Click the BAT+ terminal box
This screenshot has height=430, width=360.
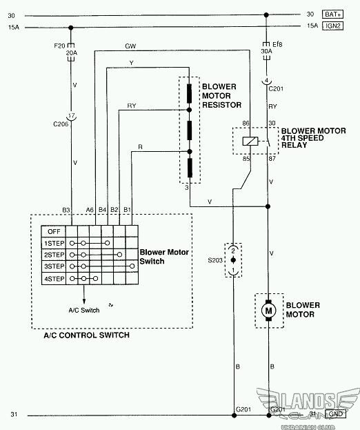pyautogui.click(x=332, y=14)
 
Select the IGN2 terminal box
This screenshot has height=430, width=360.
pyautogui.click(x=332, y=26)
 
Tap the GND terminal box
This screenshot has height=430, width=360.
pyautogui.click(x=335, y=414)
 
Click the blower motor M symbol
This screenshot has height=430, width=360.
pyautogui.click(x=268, y=311)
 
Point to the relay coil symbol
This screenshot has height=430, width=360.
pyautogui.click(x=250, y=141)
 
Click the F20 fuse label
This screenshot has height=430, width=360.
pyautogui.click(x=59, y=46)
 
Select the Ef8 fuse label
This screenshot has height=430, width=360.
pyautogui.click(x=277, y=44)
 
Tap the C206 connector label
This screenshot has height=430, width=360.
pyautogui.click(x=61, y=124)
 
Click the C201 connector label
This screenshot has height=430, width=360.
pyautogui.click(x=276, y=88)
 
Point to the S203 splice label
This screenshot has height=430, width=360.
pyautogui.click(x=215, y=260)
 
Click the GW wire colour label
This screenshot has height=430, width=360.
pyautogui.click(x=130, y=46)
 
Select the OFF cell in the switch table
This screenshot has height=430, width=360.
pyautogui.click(x=54, y=231)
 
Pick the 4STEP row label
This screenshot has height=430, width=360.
pyautogui.click(x=54, y=279)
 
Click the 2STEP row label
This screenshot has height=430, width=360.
pyautogui.click(x=54, y=255)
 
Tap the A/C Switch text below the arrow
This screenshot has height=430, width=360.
pyautogui.click(x=84, y=310)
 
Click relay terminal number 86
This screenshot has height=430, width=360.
pyautogui.click(x=246, y=123)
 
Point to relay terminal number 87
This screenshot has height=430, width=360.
pyautogui.click(x=272, y=159)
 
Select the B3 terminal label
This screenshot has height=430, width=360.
pyautogui.click(x=66, y=210)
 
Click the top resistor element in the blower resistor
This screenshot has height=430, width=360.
pyautogui.click(x=190, y=93)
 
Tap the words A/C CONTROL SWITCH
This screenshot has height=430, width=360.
pyautogui.click(x=87, y=335)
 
